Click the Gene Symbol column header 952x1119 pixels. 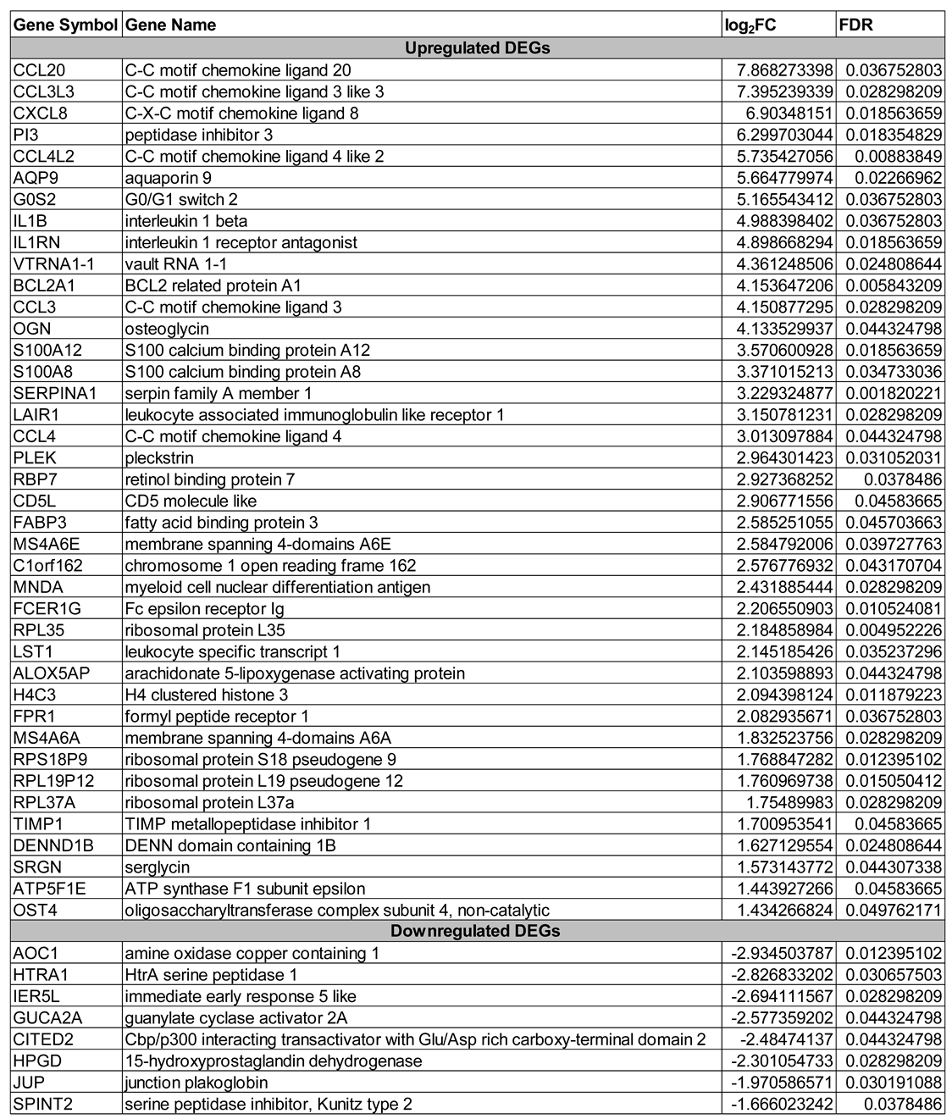(64, 25)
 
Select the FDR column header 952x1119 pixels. (855, 25)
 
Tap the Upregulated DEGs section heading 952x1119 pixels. (477, 48)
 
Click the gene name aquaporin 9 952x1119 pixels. (168, 178)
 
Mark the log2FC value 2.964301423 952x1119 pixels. (778, 458)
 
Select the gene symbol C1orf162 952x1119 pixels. (47, 566)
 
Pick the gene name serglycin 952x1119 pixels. (158, 867)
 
